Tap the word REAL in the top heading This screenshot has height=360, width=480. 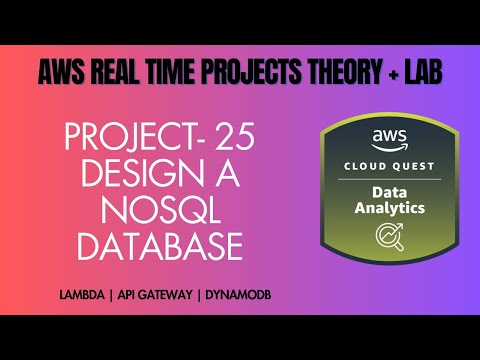[118, 72]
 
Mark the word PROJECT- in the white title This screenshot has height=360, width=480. [145, 137]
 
